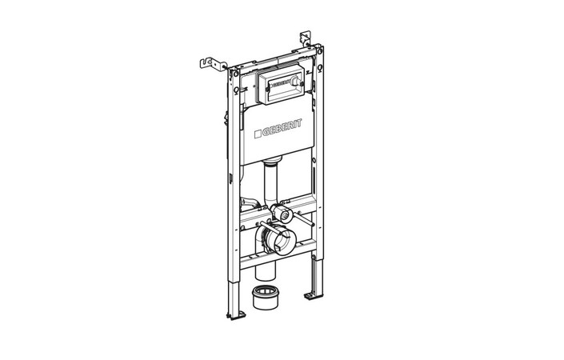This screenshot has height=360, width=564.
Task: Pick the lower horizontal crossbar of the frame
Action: (276, 262)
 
